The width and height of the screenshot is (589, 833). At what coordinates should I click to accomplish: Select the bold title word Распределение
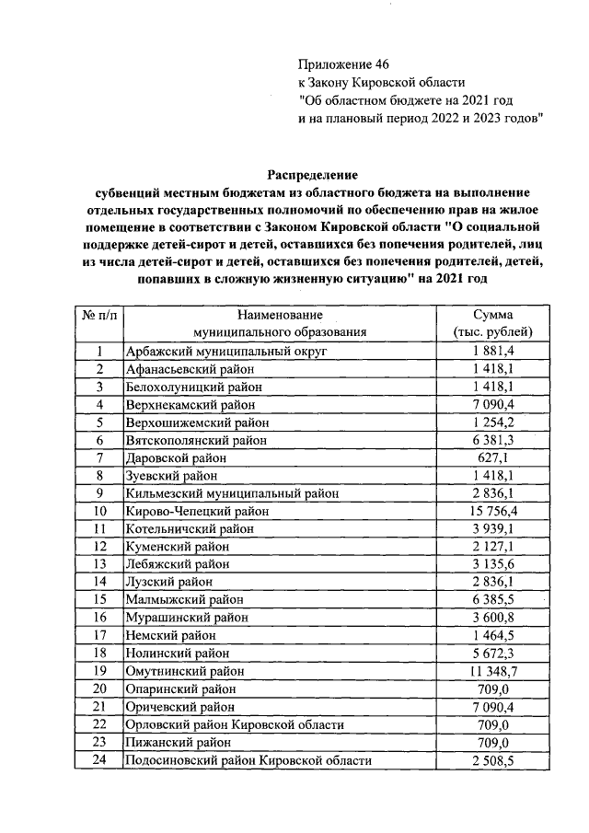(312, 173)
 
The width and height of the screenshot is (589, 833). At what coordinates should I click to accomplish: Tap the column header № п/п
(99, 314)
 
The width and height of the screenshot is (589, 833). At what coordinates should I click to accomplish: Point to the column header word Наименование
(279, 314)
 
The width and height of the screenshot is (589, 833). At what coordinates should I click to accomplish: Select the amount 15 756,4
(493, 511)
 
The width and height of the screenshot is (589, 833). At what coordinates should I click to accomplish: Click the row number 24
(99, 760)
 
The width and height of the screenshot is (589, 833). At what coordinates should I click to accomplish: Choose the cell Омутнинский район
(184, 671)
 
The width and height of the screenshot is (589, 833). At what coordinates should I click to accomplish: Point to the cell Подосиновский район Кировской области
(248, 760)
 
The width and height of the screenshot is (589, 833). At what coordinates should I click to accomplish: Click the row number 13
(99, 564)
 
